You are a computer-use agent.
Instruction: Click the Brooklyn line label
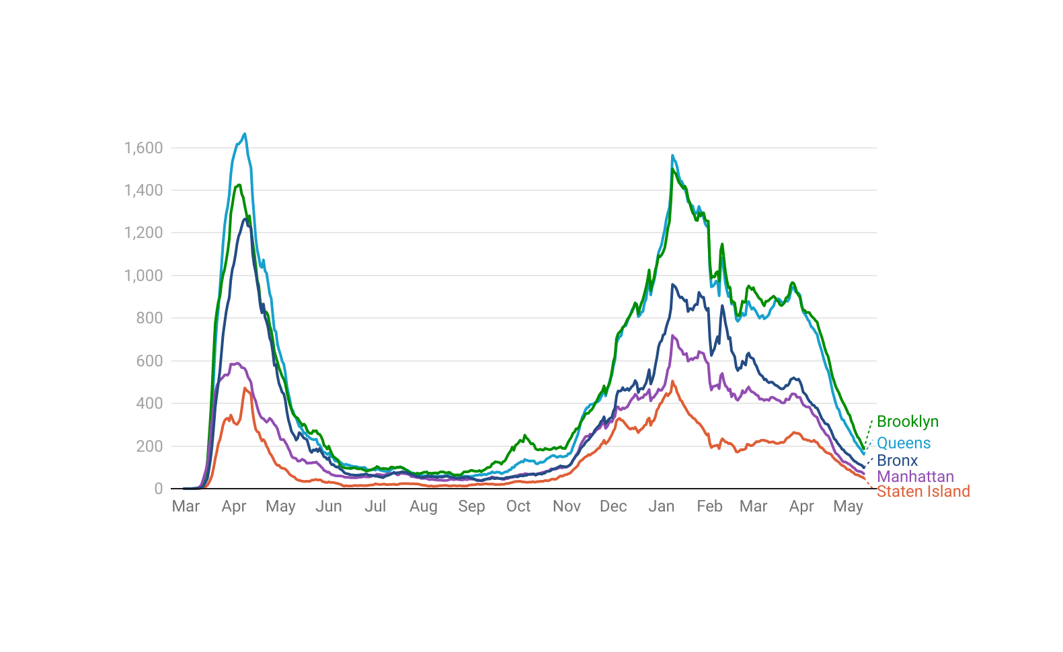908,421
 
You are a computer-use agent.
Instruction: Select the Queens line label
904,443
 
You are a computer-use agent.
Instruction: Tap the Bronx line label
897,460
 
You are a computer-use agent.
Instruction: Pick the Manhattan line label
915,477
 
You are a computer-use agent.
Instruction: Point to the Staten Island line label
923,491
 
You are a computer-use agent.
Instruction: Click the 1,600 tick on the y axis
143,148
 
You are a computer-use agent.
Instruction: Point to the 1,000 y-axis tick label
143,276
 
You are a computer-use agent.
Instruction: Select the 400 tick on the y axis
149,403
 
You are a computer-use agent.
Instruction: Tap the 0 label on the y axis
158,489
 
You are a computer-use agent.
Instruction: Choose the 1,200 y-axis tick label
143,233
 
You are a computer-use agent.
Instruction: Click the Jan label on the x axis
661,506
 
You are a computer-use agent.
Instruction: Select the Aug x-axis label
424,506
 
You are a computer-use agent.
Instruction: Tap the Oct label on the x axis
518,506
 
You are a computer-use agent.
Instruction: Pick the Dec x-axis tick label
613,506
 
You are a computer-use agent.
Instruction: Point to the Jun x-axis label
329,506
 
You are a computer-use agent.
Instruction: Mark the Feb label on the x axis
709,506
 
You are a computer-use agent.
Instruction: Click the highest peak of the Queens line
244,134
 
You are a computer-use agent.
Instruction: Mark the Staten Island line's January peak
672,382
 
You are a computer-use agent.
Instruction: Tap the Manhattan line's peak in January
672,335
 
